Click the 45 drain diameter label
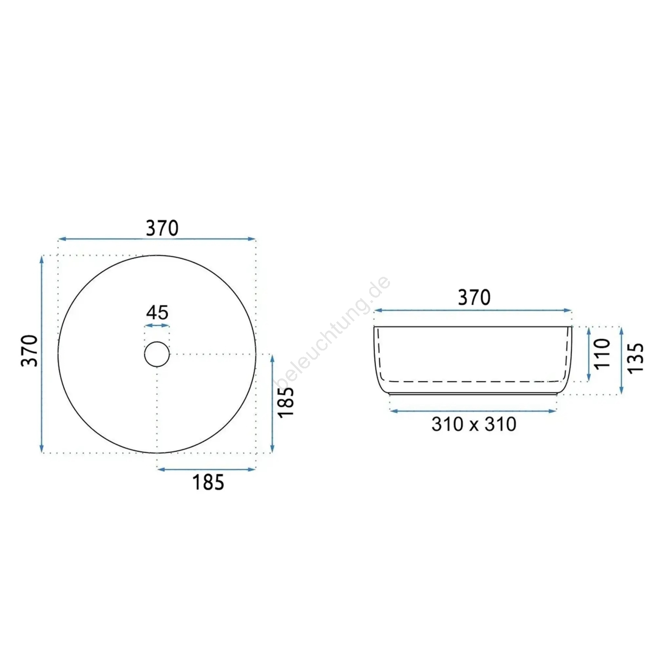(157, 312)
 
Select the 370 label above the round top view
(162, 228)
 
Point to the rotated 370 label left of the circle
(30, 350)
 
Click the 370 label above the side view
(474, 298)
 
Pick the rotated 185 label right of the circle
(286, 403)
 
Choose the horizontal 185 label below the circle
(208, 482)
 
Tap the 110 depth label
(602, 353)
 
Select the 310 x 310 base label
(474, 424)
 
